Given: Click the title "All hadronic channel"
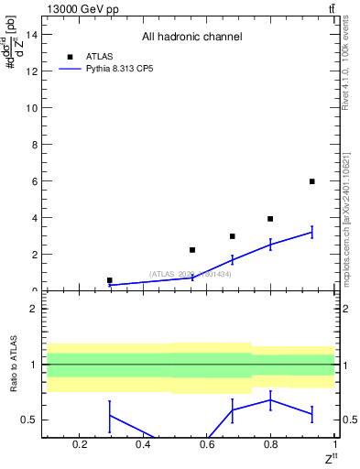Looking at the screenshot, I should tap(191, 37).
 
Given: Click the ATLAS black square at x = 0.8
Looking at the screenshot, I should tap(270, 219).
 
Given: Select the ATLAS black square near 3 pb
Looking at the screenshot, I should tap(233, 236).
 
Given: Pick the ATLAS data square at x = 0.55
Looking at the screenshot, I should tap(192, 250).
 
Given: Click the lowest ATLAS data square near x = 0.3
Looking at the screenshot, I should tap(110, 280).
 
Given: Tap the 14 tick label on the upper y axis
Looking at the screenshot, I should tap(29, 35).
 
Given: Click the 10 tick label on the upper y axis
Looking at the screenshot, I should tap(29, 108).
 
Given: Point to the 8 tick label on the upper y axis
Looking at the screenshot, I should tap(32, 145).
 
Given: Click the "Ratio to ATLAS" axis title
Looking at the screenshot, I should tap(13, 365).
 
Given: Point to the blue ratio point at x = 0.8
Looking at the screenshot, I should tap(270, 400).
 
